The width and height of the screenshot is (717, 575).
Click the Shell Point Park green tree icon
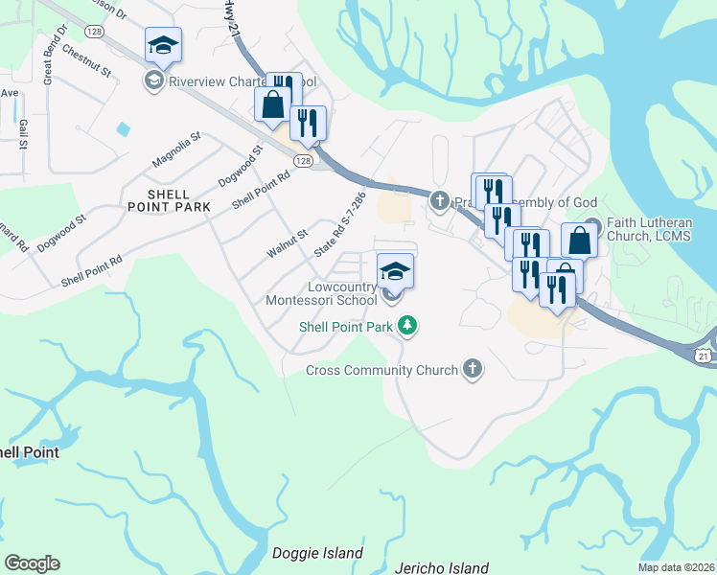[x=409, y=327]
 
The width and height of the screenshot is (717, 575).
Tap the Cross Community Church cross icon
[x=472, y=369]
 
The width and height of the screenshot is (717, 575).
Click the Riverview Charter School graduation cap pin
[x=163, y=46]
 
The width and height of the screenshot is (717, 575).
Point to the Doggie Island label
[x=318, y=553]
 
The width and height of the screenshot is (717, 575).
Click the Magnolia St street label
[x=177, y=149]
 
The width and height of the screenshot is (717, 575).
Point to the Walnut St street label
[x=287, y=242]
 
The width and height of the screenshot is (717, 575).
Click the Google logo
[x=31, y=563]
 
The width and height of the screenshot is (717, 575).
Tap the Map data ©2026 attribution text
[x=676, y=567]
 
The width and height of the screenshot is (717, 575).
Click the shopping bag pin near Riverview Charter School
[x=272, y=106]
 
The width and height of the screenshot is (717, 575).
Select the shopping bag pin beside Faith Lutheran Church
[x=579, y=240]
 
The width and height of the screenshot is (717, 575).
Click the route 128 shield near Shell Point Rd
[x=303, y=161]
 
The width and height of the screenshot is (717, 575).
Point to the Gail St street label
[x=20, y=134]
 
